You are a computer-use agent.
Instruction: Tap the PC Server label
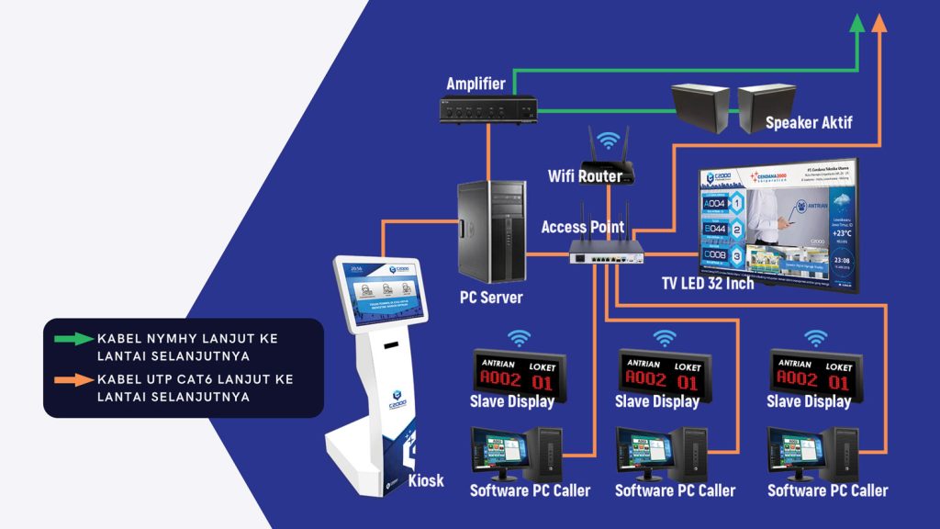point(491,298)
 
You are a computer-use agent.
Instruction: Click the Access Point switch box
point(604,253)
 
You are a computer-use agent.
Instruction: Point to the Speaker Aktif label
point(805,122)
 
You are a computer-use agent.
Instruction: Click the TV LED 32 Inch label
point(708,283)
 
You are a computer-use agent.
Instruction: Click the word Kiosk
point(425,480)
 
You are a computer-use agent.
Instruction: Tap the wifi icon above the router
point(608,141)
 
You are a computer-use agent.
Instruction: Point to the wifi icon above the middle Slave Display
point(664,338)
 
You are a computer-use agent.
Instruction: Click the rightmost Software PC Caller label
point(828,490)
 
